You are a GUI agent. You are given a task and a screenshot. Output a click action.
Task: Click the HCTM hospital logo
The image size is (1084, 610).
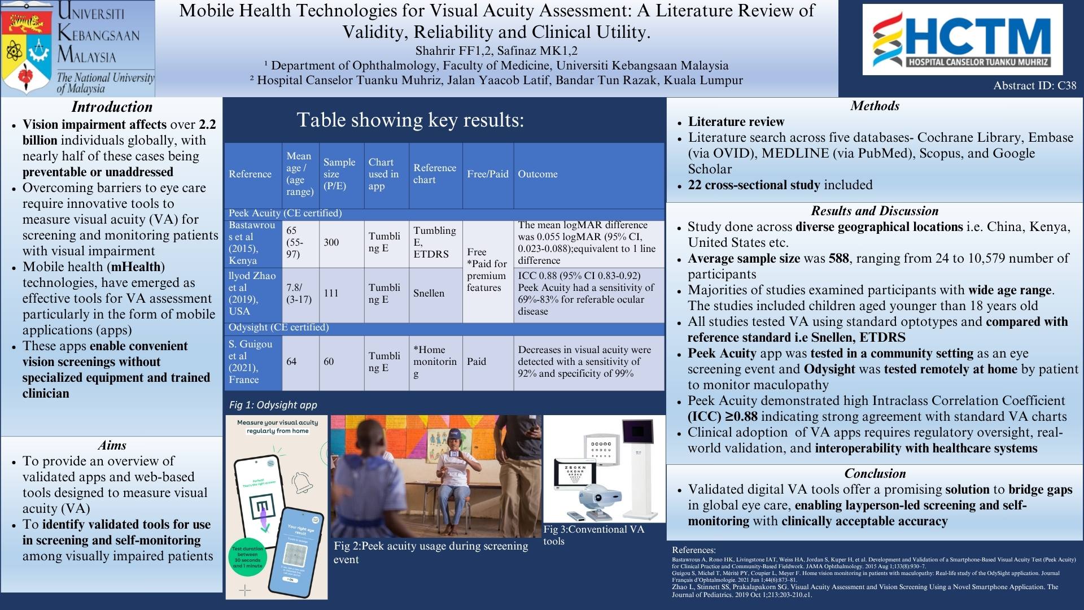click(x=962, y=40)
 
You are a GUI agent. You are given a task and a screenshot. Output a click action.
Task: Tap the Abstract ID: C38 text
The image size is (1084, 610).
click(x=1034, y=86)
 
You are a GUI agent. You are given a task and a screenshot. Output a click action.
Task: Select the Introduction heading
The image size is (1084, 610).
click(x=112, y=107)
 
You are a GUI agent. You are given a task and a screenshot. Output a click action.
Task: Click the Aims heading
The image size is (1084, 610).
click(x=112, y=445)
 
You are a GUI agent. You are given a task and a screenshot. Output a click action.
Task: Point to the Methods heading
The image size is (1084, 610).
click(x=875, y=106)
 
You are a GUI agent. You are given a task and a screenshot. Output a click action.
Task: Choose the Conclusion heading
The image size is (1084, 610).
click(x=875, y=473)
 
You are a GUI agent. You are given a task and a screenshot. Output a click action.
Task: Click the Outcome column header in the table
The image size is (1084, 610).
click(x=537, y=174)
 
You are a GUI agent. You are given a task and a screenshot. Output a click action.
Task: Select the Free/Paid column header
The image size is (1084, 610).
click(x=488, y=174)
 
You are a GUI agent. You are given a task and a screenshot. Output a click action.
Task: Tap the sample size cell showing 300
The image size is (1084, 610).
click(x=331, y=242)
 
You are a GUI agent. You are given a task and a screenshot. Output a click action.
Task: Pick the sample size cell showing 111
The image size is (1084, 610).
click(x=331, y=293)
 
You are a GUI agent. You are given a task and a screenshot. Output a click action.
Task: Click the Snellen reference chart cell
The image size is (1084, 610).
click(x=429, y=293)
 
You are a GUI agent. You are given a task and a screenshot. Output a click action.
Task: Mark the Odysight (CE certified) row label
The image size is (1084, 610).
click(x=278, y=328)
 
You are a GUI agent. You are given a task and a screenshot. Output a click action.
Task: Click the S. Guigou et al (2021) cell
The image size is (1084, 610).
click(x=251, y=361)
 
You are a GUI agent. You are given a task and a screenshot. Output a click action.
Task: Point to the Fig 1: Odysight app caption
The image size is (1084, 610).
click(x=273, y=405)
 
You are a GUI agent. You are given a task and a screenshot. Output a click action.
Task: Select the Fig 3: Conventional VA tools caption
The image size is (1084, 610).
click(x=593, y=535)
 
